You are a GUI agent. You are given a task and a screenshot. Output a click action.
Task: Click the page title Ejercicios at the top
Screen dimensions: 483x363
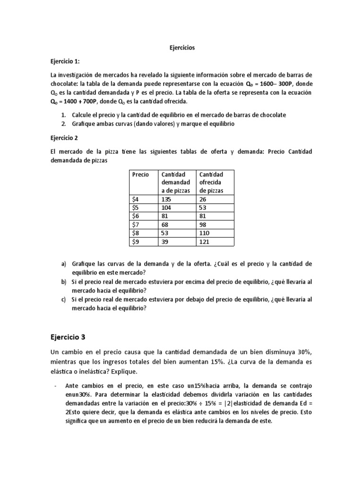pyautogui.click(x=182, y=48)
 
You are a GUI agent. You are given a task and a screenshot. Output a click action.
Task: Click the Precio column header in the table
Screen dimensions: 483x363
pyautogui.click(x=140, y=175)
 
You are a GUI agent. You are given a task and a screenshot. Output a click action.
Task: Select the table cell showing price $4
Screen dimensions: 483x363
pyautogui.click(x=136, y=199)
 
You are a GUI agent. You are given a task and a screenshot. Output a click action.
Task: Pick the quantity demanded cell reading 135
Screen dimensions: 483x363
pyautogui.click(x=167, y=199)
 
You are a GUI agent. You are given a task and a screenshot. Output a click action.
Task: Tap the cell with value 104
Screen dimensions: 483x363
pyautogui.click(x=167, y=208)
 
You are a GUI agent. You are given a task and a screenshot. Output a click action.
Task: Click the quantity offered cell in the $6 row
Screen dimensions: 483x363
pyautogui.click(x=203, y=216)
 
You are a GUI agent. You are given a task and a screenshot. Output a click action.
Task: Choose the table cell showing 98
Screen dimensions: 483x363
pyautogui.click(x=204, y=225)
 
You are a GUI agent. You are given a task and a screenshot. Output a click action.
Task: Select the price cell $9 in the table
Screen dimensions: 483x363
pyautogui.click(x=136, y=241)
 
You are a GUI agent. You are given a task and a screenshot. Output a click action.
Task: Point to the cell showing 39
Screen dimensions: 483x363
pyautogui.click(x=166, y=241)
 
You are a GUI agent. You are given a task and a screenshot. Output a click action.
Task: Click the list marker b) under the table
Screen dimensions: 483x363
pyautogui.click(x=64, y=282)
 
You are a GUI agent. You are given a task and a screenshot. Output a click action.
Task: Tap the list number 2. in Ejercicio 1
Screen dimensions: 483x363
pyautogui.click(x=64, y=124)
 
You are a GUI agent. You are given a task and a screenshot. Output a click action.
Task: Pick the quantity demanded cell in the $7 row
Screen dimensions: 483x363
pyautogui.click(x=166, y=225)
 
